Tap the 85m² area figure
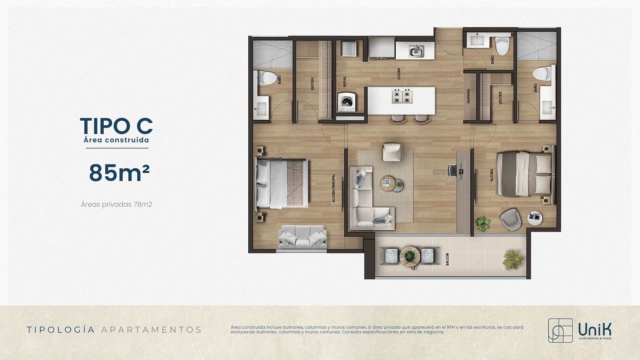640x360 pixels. coord(119,173)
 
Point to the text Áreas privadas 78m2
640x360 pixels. coord(116,204)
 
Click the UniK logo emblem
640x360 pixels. coord(560,330)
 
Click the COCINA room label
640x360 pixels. coord(399,74)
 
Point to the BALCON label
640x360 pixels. coord(447,259)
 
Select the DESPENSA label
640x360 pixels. coord(468,96)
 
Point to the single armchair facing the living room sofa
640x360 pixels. coord(392,152)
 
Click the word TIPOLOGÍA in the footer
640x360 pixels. coord(61,330)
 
